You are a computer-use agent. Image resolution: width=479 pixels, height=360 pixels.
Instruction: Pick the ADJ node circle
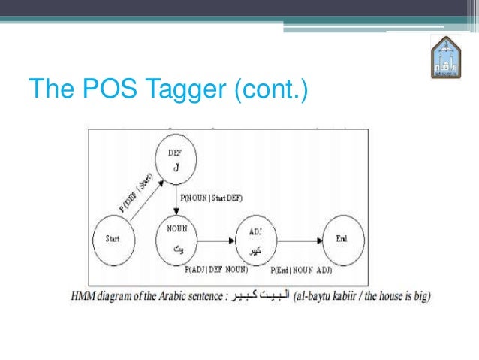click(x=255, y=238)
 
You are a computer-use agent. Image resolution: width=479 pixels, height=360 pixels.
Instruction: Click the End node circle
click(x=342, y=239)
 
